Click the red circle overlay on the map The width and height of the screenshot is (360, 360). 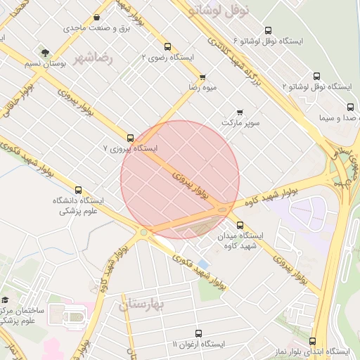(180, 179)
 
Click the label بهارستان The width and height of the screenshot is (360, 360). (141, 304)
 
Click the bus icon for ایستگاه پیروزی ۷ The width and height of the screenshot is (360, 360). (130, 138)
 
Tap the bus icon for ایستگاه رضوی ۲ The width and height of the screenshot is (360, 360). (167, 47)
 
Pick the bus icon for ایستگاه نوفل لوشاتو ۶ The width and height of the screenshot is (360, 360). (268, 30)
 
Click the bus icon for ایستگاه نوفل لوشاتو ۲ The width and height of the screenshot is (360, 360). (316, 76)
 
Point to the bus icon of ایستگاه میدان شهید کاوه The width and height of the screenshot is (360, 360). (240, 226)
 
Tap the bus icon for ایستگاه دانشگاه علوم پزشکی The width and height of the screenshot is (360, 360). (78, 190)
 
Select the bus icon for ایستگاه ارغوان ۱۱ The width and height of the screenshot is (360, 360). (198, 333)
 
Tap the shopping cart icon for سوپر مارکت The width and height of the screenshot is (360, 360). (240, 112)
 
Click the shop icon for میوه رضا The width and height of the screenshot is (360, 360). (203, 77)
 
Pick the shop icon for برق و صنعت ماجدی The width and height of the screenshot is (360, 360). (96, 18)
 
